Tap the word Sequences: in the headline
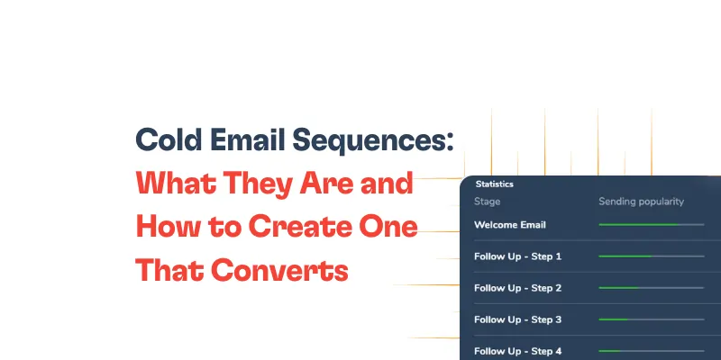click(379, 141)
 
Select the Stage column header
click(488, 202)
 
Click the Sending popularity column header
click(642, 202)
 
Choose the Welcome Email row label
click(510, 225)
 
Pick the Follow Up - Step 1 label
click(517, 256)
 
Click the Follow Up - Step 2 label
click(517, 288)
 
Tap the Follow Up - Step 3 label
click(517, 319)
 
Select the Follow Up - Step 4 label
click(517, 351)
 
